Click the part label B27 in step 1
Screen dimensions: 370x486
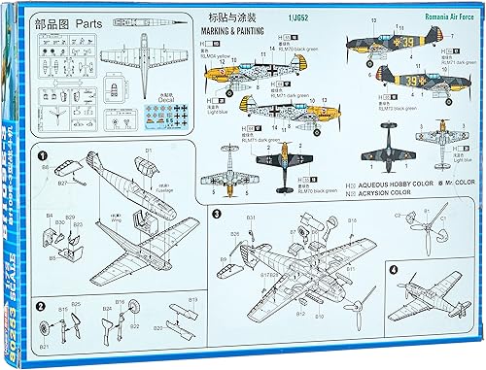click(61, 183)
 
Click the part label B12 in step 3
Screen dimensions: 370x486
click(300, 313)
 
